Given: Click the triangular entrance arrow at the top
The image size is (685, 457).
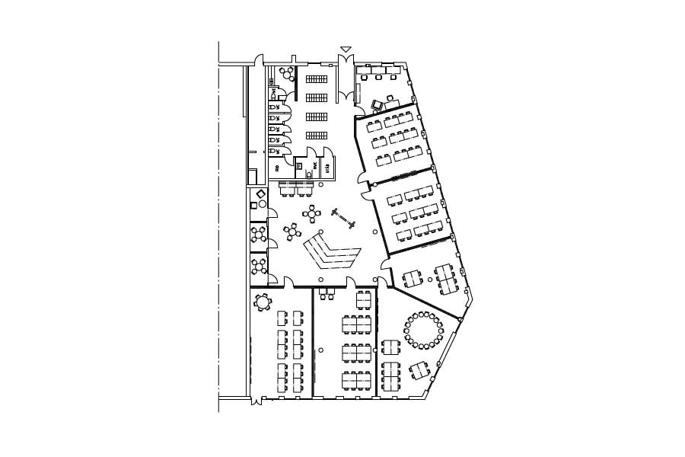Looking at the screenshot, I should pos(346,50).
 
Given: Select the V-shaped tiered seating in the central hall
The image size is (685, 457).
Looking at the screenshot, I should pos(332,252).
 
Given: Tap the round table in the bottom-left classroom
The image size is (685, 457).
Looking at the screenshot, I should pos(263,302).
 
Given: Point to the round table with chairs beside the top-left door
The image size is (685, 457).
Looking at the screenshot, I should pos(286,73).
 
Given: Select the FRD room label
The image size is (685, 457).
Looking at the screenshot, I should pos(277,168).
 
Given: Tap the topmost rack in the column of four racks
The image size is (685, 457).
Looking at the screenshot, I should pos(317,78).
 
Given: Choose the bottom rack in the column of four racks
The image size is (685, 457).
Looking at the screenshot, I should pos(317,136).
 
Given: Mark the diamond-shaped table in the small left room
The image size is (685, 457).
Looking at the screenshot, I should pos(261,196).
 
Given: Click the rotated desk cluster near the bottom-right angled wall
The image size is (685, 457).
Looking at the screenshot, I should pos(419,371).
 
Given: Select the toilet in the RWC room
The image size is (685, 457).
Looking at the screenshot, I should pos(309,174).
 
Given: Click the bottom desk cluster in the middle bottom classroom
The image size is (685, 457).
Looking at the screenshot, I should pos(356,379).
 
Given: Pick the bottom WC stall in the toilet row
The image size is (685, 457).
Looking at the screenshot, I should pos(275,151).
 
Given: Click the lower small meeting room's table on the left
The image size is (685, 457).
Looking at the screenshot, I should pos(260,266).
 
